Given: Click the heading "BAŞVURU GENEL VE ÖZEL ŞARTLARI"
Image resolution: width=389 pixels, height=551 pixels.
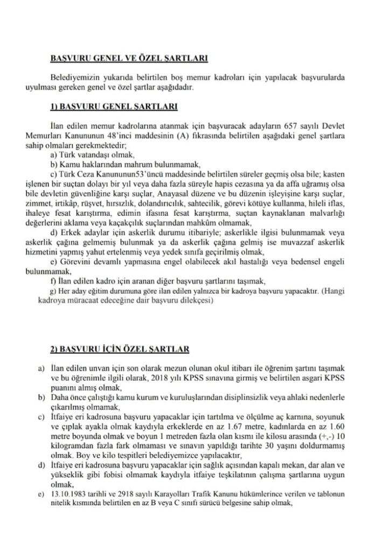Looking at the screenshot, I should point(129,58).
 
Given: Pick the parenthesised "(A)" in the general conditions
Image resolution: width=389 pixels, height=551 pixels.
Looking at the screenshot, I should point(180,137).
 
